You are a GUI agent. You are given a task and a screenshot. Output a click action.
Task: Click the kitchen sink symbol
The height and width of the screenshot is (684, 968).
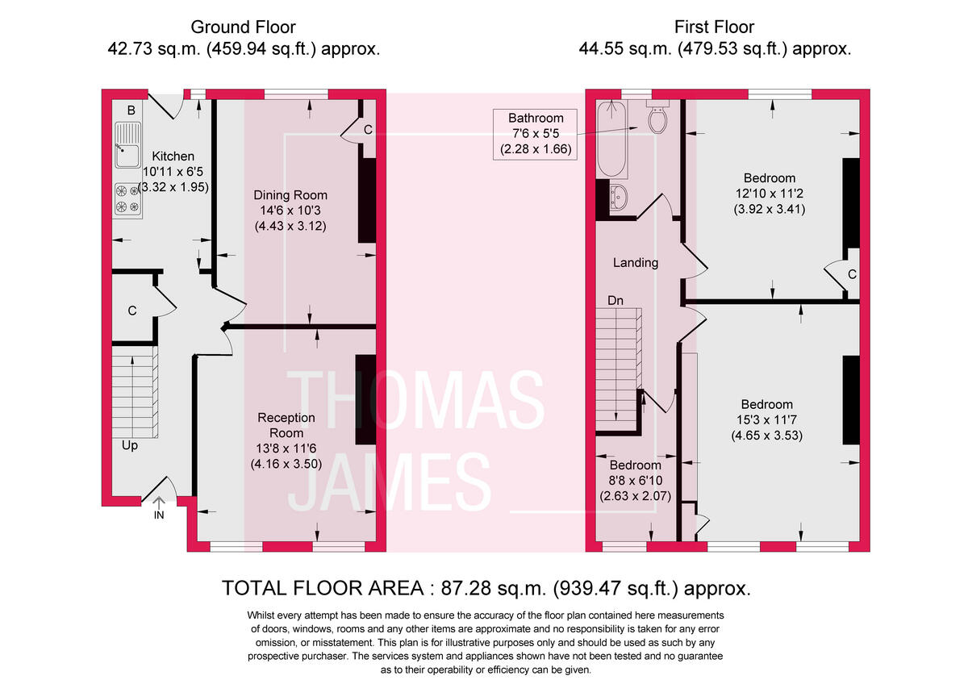(x=127, y=145)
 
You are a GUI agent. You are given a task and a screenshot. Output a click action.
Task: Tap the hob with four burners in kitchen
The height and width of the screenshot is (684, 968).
(x=127, y=199)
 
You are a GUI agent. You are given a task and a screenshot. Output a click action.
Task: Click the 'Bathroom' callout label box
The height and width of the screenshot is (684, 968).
(x=536, y=134)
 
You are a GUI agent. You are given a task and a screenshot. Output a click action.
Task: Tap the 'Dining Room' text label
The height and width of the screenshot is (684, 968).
(x=290, y=195)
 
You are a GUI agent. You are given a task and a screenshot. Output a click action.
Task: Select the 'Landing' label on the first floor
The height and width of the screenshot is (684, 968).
(x=636, y=262)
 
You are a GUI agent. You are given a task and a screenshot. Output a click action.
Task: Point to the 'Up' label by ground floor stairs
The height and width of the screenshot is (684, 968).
(x=129, y=444)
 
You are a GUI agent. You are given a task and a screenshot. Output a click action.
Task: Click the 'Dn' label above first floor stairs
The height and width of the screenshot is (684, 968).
(x=615, y=300)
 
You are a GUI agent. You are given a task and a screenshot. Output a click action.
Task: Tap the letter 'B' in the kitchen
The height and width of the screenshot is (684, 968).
(x=131, y=110)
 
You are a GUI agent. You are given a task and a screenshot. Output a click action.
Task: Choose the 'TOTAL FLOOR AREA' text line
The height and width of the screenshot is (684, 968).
(x=486, y=587)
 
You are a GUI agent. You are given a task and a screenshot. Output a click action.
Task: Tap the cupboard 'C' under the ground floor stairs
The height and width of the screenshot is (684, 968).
(x=131, y=311)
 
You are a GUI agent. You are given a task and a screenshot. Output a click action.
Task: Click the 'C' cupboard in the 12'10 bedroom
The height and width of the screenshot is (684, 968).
(x=852, y=274)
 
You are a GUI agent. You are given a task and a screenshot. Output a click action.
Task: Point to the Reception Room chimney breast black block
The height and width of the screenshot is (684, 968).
(x=365, y=398)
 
